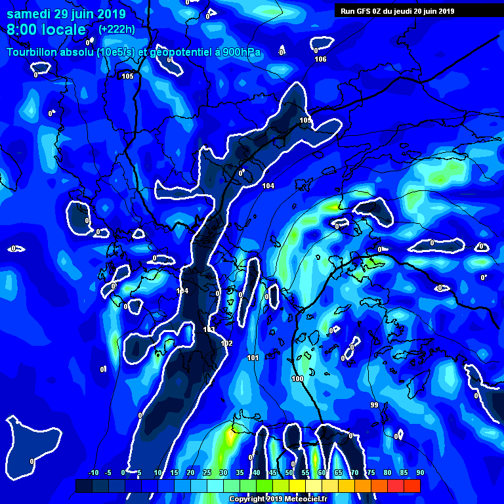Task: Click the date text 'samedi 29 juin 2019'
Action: (58, 14)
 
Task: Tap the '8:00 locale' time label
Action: (46, 30)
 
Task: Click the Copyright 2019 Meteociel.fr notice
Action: (278, 499)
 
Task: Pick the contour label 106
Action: (320, 60)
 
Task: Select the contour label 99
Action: (374, 404)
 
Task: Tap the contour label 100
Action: (297, 379)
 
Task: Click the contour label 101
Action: (253, 358)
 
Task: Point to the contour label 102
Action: (227, 343)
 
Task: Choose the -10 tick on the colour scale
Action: (93, 473)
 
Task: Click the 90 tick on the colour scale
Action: (419, 473)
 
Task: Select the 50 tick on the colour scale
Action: (289, 473)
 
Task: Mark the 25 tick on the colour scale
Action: (207, 473)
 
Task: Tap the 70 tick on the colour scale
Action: (354, 473)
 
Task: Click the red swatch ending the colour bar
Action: (411, 486)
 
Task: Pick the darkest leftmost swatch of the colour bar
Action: (83, 486)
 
